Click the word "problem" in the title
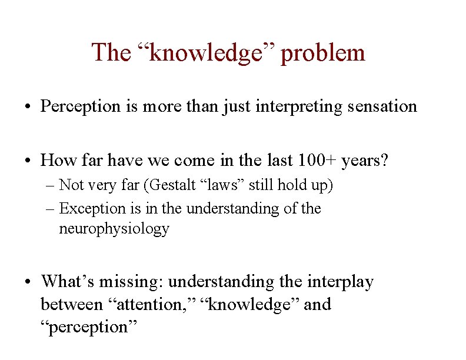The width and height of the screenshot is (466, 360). click(x=323, y=53)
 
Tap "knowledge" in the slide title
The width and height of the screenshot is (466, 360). click(x=205, y=53)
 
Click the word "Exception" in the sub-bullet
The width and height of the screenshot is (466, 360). click(x=93, y=209)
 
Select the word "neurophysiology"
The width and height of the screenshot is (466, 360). click(x=114, y=229)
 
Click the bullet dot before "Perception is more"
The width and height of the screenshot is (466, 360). click(x=29, y=107)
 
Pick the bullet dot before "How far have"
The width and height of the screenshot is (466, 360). click(x=29, y=161)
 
